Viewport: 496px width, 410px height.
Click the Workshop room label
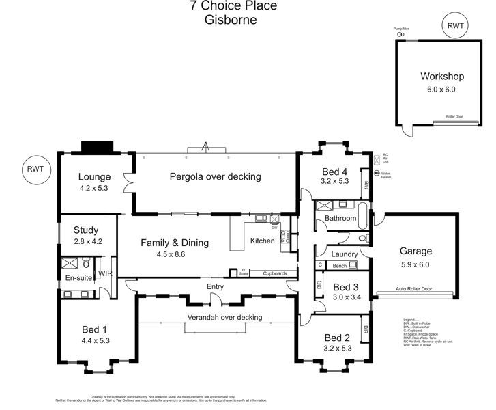tap(441, 77)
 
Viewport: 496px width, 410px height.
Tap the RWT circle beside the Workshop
tap(455, 27)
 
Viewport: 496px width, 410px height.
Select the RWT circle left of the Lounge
tap(36, 171)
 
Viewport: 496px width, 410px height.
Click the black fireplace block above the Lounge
tap(97, 148)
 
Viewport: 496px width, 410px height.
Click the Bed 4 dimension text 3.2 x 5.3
tap(335, 181)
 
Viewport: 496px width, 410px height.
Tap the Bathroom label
tap(340, 219)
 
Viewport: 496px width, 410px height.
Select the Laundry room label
tap(345, 254)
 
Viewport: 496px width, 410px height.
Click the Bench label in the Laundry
tap(340, 265)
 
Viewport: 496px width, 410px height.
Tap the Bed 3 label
tap(347, 287)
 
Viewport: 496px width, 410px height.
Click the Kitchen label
tap(262, 241)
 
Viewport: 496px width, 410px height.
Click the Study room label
tap(87, 230)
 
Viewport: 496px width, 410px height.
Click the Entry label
tap(216, 286)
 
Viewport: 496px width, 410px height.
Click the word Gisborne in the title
tap(231, 20)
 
